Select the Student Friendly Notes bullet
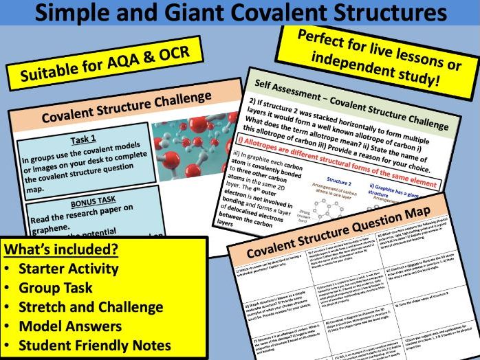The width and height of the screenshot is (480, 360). pos(92,345)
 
